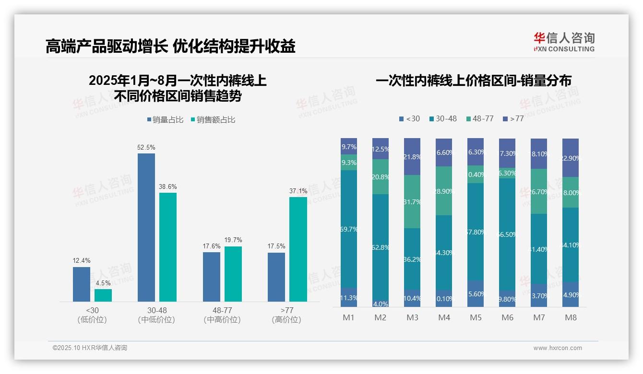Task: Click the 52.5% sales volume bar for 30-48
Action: tap(146, 227)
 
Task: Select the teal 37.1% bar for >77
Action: tap(298, 249)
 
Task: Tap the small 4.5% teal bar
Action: tap(103, 295)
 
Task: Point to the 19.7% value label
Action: tap(233, 240)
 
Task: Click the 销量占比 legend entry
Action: tap(165, 120)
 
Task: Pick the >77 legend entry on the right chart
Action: tap(513, 118)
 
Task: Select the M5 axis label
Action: tap(476, 317)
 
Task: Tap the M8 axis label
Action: tap(571, 317)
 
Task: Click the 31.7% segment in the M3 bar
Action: tap(412, 202)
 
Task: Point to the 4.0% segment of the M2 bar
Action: tap(381, 304)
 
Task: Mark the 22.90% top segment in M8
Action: tap(571, 158)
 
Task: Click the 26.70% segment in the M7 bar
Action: tap(539, 191)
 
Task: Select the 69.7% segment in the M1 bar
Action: tap(349, 229)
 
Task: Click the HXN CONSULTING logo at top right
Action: tap(564, 42)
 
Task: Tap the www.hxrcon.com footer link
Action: tap(558, 348)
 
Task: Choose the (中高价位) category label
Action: tap(222, 320)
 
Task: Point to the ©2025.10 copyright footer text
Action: tap(90, 348)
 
